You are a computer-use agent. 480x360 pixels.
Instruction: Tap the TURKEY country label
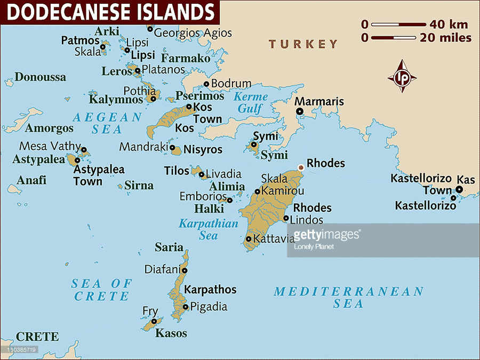click(x=303, y=44)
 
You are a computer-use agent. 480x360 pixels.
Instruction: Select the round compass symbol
click(x=402, y=77)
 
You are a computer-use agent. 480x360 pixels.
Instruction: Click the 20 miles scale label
click(x=446, y=38)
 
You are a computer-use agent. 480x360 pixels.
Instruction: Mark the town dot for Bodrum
click(x=207, y=84)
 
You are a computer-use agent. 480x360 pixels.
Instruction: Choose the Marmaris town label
click(x=319, y=101)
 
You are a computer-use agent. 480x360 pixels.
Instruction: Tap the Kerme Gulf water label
click(x=251, y=103)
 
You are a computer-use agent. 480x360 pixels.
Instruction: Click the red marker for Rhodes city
click(x=300, y=167)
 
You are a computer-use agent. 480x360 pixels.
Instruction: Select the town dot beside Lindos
click(x=286, y=218)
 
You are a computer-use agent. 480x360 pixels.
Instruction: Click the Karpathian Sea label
click(x=208, y=229)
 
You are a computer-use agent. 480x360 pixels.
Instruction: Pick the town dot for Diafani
click(x=185, y=270)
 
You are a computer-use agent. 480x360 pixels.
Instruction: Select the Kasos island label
click(x=171, y=333)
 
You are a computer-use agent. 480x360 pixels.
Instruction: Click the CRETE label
click(x=37, y=337)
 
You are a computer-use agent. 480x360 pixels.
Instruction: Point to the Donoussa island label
click(x=40, y=77)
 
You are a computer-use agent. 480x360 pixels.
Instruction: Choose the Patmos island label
click(x=80, y=41)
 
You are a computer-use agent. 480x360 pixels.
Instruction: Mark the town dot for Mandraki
click(x=172, y=147)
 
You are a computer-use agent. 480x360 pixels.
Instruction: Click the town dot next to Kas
click(x=459, y=189)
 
